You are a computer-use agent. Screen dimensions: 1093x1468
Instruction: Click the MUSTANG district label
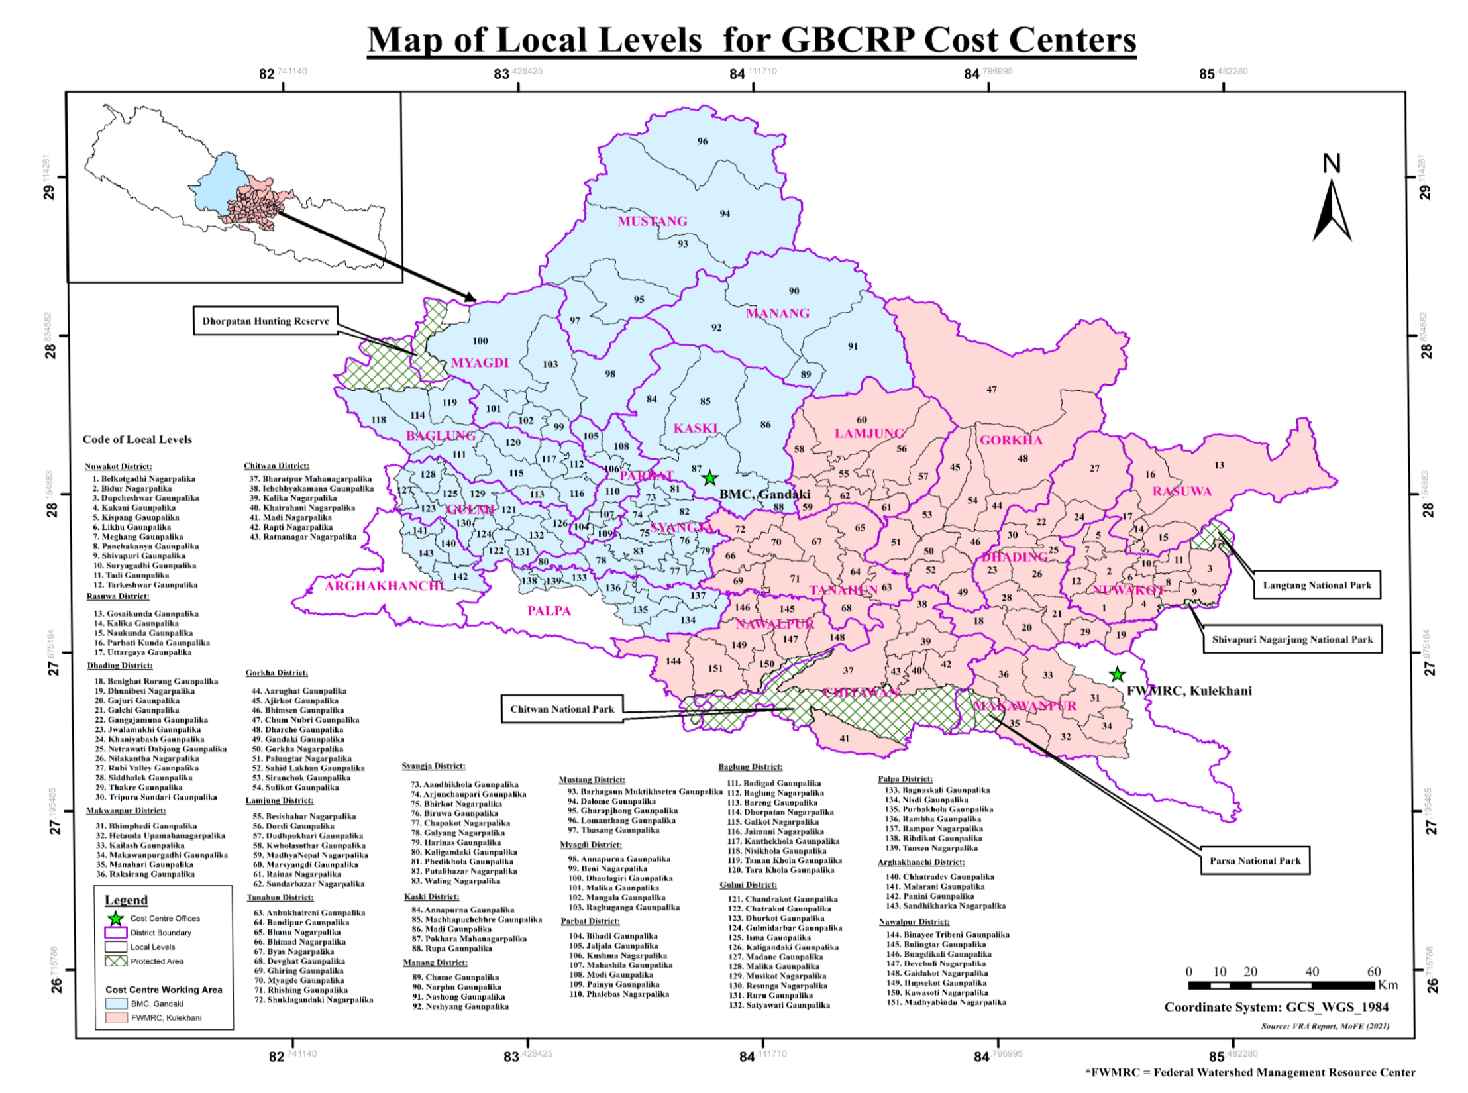click(652, 221)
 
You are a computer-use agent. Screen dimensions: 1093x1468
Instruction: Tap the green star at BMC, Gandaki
click(709, 478)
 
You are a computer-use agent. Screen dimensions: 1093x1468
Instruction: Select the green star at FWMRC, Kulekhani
click(1117, 674)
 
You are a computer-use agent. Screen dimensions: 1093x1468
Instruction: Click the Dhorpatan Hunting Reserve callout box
click(265, 321)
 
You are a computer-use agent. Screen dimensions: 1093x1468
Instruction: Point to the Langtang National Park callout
click(1316, 585)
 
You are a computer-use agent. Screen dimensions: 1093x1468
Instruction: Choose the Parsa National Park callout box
click(1255, 860)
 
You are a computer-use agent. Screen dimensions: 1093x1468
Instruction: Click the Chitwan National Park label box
click(562, 709)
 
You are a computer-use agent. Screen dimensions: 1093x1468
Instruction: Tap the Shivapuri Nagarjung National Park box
click(1292, 639)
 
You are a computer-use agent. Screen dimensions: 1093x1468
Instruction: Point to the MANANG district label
click(777, 313)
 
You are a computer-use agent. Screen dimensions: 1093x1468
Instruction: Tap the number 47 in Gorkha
click(991, 390)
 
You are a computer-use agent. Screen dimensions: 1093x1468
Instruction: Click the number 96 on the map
click(702, 141)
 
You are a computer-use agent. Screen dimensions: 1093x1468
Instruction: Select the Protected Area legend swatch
click(116, 961)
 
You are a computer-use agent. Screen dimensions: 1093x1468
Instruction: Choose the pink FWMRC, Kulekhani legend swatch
click(116, 1017)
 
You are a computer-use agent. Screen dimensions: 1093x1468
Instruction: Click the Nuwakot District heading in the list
click(118, 466)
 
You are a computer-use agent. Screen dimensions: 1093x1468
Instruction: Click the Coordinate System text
click(1276, 1007)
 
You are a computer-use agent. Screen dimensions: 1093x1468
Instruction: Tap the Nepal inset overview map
click(235, 187)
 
